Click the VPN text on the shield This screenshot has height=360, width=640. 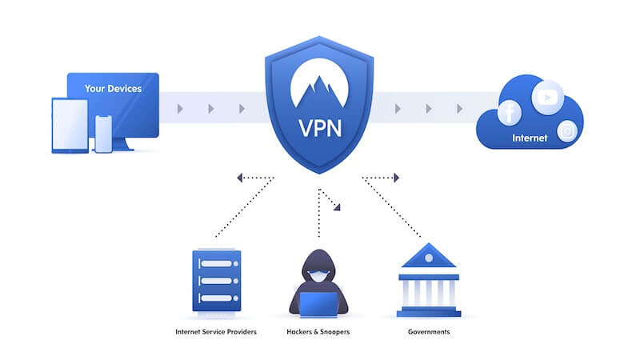click(319, 127)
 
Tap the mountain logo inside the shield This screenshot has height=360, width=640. click(319, 85)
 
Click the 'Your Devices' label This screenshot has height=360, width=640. click(113, 89)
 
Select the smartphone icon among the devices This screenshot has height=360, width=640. click(103, 134)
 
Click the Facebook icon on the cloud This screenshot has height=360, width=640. click(510, 113)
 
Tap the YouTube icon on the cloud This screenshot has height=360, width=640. click(547, 97)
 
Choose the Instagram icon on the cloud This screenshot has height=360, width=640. click(567, 130)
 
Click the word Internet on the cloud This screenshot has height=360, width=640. click(530, 138)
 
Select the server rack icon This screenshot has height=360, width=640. click(216, 279)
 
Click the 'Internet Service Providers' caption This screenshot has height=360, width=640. click(216, 331)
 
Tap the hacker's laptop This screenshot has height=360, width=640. click(319, 302)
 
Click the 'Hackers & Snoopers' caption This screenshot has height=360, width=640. click(319, 331)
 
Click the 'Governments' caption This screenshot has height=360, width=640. click(428, 331)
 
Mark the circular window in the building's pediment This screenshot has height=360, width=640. click(428, 258)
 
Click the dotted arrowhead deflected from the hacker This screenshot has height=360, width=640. click(338, 207)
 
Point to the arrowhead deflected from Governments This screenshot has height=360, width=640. click(394, 178)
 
